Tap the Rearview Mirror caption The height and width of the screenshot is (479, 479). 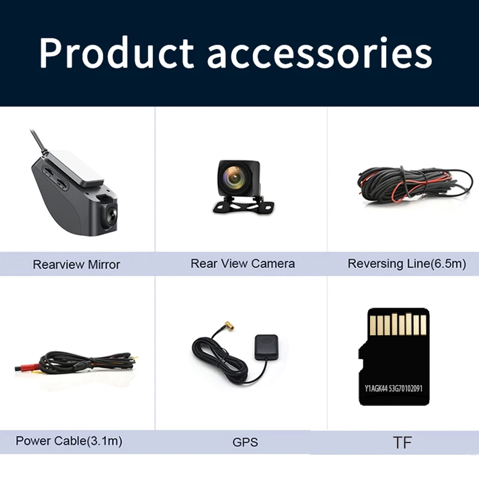(x=77, y=265)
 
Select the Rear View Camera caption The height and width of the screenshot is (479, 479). (x=242, y=263)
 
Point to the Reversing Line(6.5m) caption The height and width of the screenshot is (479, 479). (x=407, y=263)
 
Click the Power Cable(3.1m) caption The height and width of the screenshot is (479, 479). (x=69, y=441)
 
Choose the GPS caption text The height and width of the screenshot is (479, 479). (x=245, y=442)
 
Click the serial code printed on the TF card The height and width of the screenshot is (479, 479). (x=393, y=388)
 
